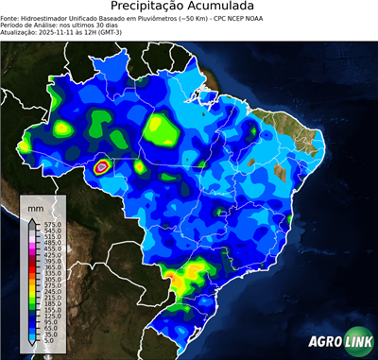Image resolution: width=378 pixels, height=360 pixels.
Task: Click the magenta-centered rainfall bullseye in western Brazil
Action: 103,167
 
